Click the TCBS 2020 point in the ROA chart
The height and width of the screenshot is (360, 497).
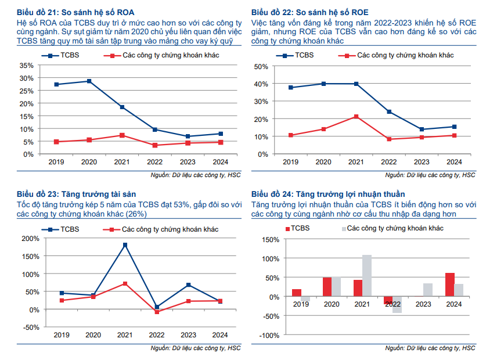click(89, 81)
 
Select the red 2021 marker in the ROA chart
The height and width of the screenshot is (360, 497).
click(122, 135)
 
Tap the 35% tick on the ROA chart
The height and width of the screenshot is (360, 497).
click(27, 64)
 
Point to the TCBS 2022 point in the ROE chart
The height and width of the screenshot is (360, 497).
click(388, 111)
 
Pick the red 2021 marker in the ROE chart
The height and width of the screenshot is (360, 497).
click(356, 117)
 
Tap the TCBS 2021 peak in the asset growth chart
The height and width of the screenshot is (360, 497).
click(125, 245)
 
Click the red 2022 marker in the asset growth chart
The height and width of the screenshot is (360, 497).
click(157, 312)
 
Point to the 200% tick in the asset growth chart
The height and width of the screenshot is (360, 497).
click(30, 238)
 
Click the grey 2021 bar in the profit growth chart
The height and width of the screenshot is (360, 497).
click(367, 276)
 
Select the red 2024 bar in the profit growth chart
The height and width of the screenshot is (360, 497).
click(450, 285)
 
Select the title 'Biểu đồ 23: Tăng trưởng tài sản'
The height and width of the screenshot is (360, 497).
click(77, 194)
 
